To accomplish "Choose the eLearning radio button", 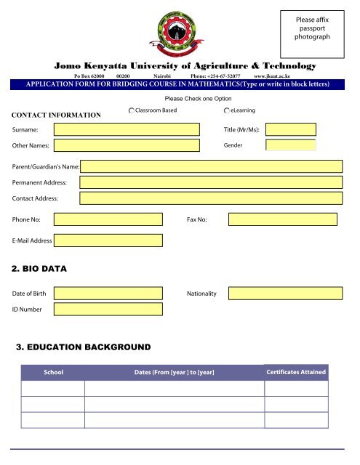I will pyautogui.click(x=228, y=110).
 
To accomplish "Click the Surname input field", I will pyautogui.click(x=129, y=129).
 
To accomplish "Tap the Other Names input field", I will pyautogui.click(x=129, y=145).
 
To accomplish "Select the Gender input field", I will pyautogui.click(x=291, y=145).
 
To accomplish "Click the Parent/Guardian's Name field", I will pyautogui.click(x=211, y=167).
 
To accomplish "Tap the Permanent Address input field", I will pyautogui.click(x=211, y=182).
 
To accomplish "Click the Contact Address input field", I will pyautogui.click(x=211, y=198).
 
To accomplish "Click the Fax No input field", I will pyautogui.click(x=283, y=219).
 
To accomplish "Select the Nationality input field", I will pyautogui.click(x=283, y=293).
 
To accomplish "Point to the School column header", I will pyautogui.click(x=54, y=372).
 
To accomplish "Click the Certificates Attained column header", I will pyautogui.click(x=296, y=372).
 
